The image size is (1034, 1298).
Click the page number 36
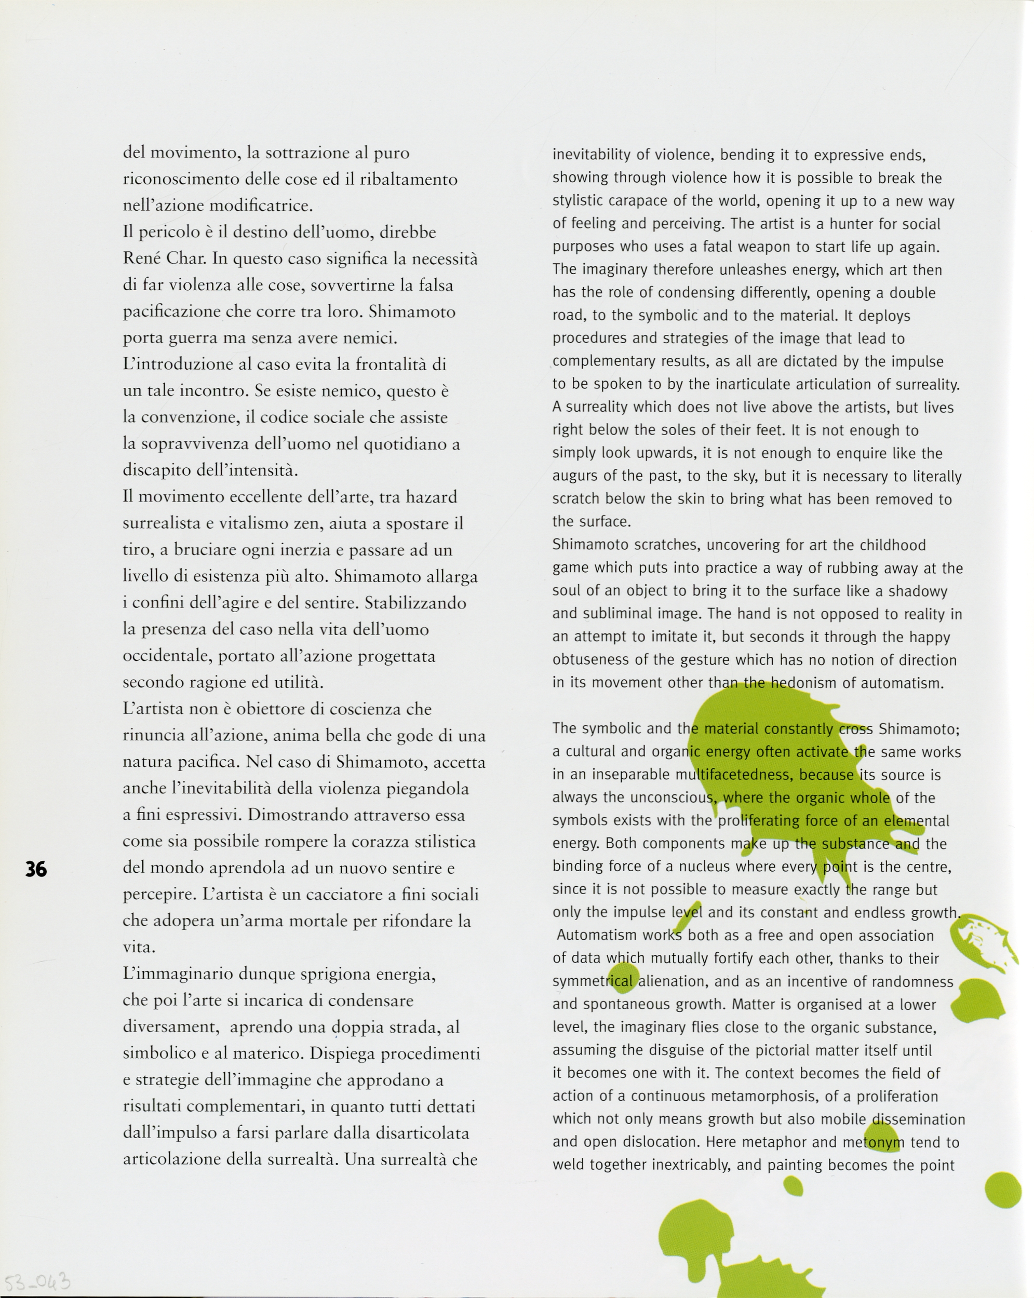click(35, 869)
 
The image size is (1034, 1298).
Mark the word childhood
click(892, 545)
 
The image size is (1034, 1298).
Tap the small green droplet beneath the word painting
click(793, 1186)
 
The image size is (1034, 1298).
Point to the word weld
click(568, 1165)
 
